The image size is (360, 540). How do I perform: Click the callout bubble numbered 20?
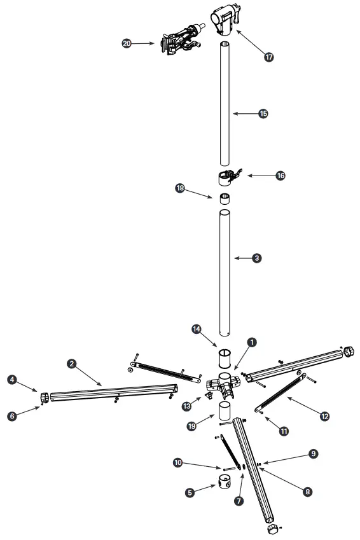point(127,43)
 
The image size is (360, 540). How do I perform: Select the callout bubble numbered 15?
point(263,114)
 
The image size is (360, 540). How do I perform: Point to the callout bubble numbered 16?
point(280,176)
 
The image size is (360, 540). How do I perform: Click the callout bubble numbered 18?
point(181,188)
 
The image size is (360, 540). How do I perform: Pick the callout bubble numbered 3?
point(256,258)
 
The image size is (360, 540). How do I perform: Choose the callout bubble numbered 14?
point(197,329)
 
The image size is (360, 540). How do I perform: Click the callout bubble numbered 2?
point(73,364)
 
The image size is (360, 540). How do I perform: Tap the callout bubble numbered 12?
point(325,417)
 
